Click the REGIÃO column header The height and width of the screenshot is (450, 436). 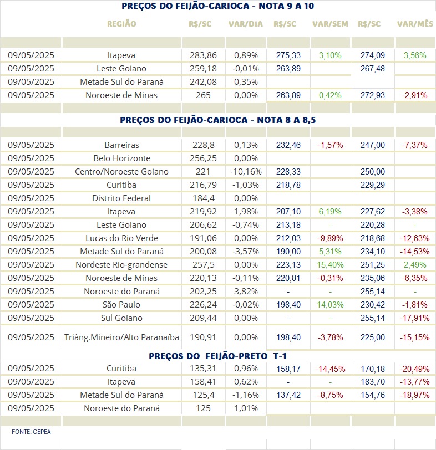[122, 24]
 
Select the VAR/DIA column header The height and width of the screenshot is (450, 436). [246, 24]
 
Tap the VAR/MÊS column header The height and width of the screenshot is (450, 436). [415, 24]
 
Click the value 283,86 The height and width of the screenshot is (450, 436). [203, 55]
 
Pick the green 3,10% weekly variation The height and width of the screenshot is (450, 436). [330, 55]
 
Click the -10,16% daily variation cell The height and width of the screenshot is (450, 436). [246, 172]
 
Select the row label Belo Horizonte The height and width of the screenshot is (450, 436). [122, 158]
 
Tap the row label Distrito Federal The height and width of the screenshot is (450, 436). [121, 198]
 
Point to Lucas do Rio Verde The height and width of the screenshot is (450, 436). [122, 238]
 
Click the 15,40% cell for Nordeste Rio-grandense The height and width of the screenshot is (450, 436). [330, 264]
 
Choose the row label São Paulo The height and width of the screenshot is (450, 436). [121, 304]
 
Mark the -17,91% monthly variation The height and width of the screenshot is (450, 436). [415, 318]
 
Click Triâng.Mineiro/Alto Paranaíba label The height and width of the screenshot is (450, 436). [121, 337]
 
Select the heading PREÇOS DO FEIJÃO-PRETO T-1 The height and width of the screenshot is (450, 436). [217, 356]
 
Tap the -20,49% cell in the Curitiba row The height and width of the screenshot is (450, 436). [415, 369]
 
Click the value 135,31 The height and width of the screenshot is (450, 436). [203, 369]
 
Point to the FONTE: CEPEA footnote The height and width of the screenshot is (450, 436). [31, 432]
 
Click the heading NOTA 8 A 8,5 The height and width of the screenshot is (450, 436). [286, 120]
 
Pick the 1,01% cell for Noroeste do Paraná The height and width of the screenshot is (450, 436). [246, 408]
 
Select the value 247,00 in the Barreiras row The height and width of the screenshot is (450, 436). [373, 145]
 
